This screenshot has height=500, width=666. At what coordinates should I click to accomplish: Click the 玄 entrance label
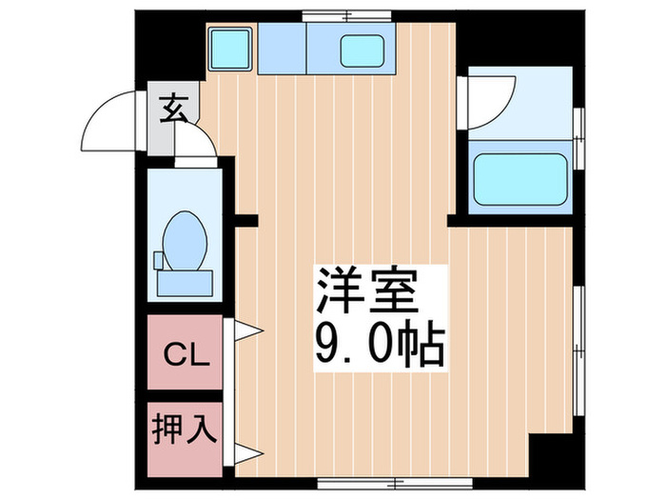point(173,110)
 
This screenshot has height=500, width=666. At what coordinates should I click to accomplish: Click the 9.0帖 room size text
point(379,345)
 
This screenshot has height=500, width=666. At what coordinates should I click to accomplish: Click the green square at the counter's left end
point(229,47)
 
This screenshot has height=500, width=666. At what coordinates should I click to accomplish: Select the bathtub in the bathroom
point(520,177)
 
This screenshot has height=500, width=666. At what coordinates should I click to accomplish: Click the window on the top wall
point(346,15)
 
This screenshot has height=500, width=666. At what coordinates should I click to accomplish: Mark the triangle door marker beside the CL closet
point(242,330)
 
